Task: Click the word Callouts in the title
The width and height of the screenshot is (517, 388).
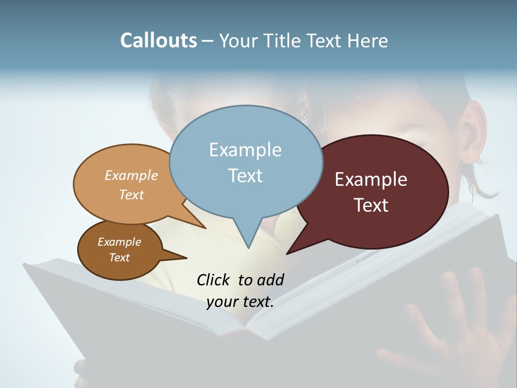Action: click(x=158, y=40)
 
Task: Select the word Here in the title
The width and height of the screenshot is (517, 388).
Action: click(x=368, y=40)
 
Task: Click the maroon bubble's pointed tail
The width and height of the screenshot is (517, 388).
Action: click(x=291, y=251)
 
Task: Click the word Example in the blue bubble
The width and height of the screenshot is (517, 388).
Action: click(x=245, y=150)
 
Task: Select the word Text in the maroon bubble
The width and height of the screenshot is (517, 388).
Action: click(x=372, y=205)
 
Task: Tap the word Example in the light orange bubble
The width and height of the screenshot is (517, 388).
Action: click(x=131, y=176)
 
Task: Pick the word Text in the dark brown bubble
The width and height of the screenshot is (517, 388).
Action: click(x=120, y=258)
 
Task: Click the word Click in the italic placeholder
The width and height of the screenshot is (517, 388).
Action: click(x=213, y=280)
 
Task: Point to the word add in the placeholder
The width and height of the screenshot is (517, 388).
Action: click(x=270, y=280)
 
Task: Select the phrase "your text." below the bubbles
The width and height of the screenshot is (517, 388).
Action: click(x=240, y=302)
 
